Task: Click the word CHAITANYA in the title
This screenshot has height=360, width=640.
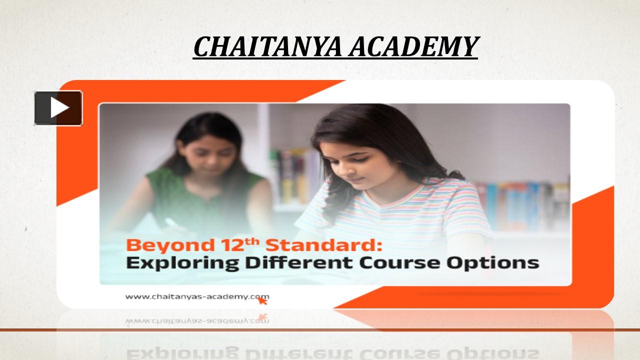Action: coord(267,47)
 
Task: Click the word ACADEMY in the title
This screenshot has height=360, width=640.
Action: coord(413,47)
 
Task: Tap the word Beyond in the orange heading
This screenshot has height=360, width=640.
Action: coord(162,245)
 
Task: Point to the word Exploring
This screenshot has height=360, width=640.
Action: coord(178,263)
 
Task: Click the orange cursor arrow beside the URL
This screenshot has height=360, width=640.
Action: coord(262,300)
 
